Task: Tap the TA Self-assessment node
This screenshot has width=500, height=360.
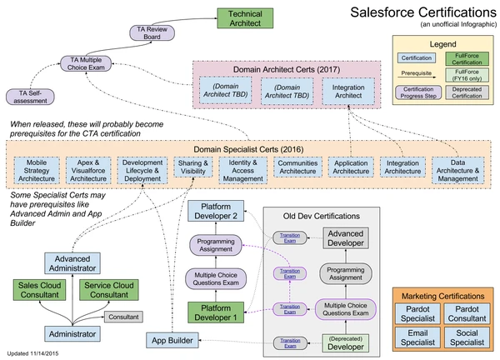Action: click(x=33, y=97)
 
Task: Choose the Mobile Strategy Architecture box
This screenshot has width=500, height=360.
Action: click(x=37, y=170)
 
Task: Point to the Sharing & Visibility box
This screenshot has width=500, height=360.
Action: click(x=195, y=170)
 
